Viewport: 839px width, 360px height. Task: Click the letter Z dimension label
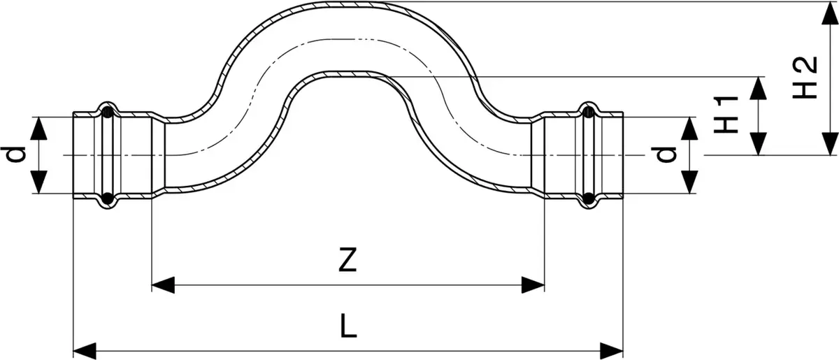[x=347, y=259]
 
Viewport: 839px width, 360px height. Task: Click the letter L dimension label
[x=349, y=326]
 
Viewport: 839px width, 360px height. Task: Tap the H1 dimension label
[x=726, y=115]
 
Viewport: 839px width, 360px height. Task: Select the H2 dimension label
[x=805, y=78]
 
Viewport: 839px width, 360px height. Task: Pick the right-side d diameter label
[x=664, y=154]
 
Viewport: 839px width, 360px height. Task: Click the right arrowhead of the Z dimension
[x=533, y=285]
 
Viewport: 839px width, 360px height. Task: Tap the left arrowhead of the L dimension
[x=85, y=352]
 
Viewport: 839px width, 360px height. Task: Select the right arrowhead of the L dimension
[x=612, y=352]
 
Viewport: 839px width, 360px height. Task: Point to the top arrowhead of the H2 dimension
[x=829, y=13]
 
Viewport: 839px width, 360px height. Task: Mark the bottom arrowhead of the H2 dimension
[x=829, y=143]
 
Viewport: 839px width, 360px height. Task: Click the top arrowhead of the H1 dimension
[x=759, y=88]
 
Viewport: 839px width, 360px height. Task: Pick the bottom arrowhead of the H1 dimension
[x=759, y=143]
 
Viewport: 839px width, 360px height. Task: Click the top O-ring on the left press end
[x=108, y=111]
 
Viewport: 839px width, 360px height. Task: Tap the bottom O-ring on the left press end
[x=108, y=199]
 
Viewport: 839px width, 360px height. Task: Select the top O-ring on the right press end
[x=589, y=111]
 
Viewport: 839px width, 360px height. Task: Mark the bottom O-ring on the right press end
[x=589, y=199]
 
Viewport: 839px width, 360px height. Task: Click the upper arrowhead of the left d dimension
[x=38, y=128]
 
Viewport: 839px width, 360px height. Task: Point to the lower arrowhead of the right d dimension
[x=689, y=182]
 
